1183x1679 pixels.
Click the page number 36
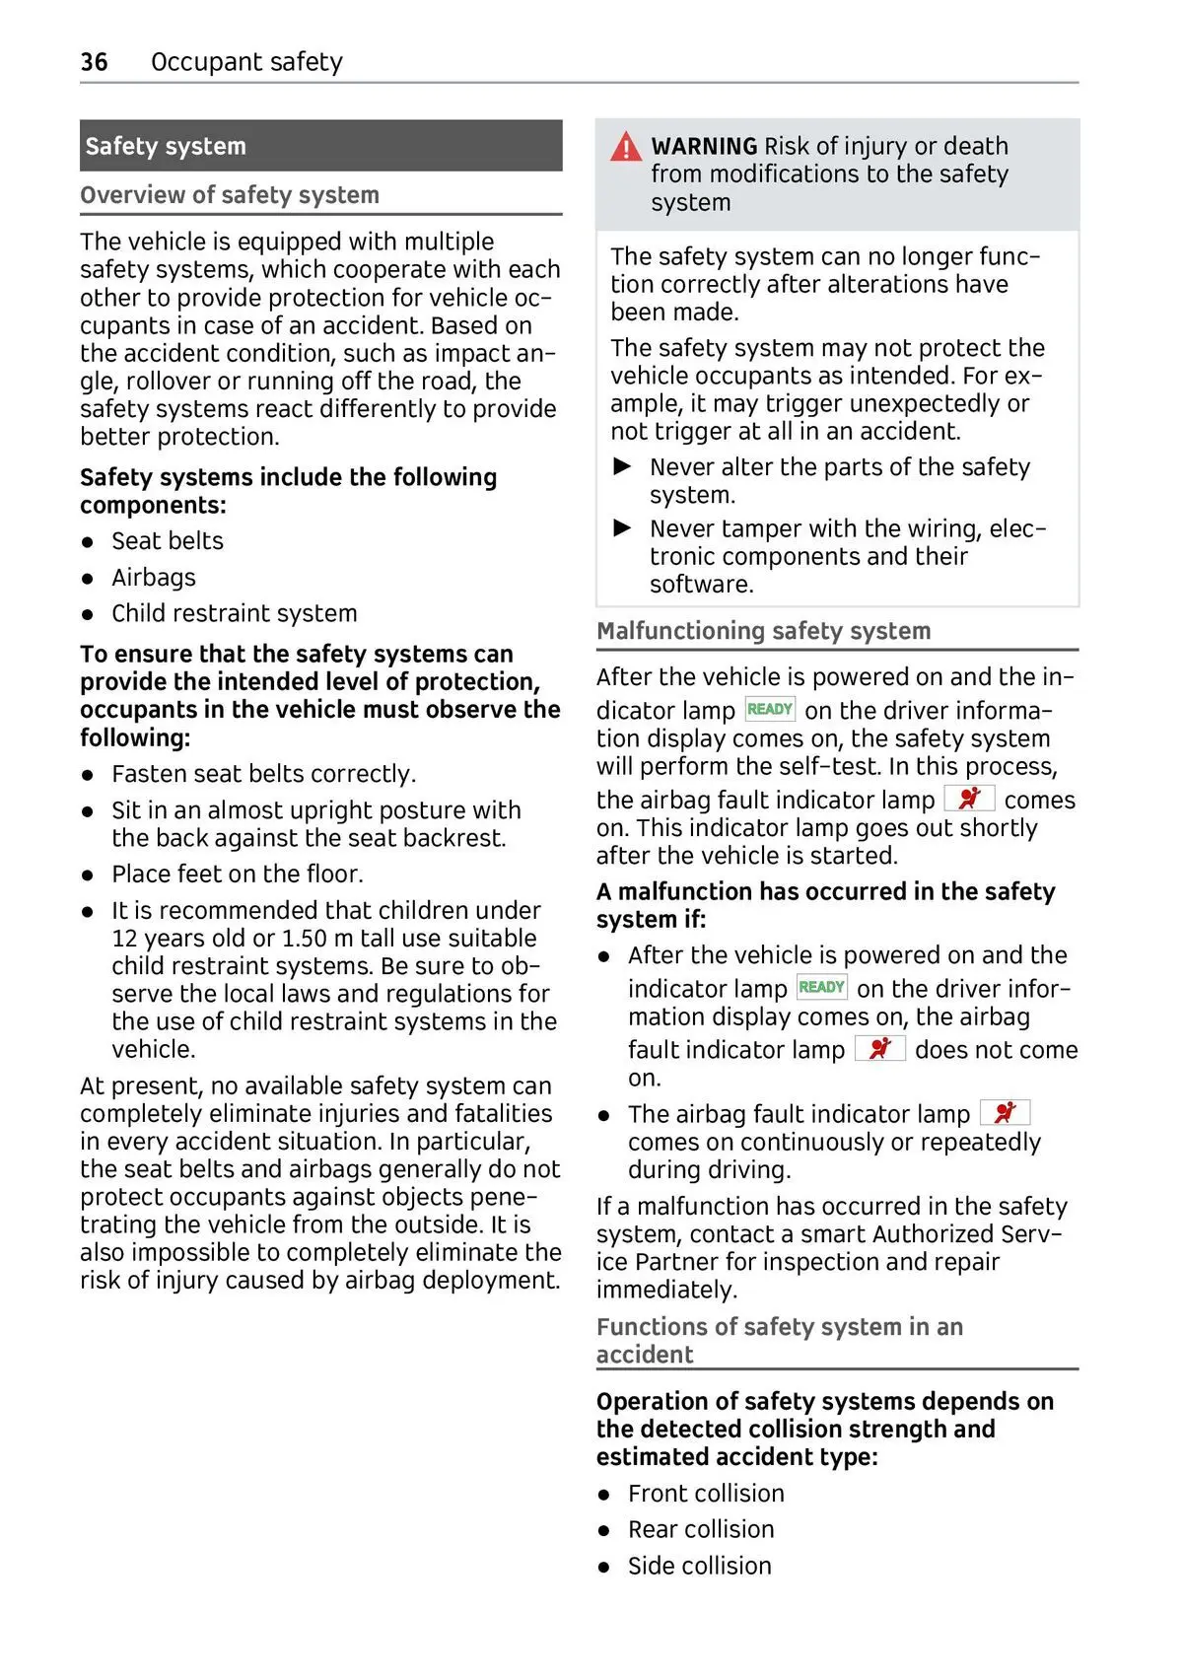(x=94, y=62)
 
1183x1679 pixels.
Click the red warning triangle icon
(x=626, y=148)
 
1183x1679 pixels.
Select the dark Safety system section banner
(x=320, y=146)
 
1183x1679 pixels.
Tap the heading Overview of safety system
(x=230, y=195)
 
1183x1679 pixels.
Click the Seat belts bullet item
(x=167, y=541)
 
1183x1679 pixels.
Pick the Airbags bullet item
(x=153, y=578)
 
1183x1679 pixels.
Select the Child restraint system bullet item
(x=234, y=613)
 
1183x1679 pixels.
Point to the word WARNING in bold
(x=704, y=146)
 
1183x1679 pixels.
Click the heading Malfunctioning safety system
(x=763, y=631)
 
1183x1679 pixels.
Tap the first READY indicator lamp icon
(x=770, y=709)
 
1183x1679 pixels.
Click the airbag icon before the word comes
(x=969, y=799)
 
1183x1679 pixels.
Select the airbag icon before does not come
(x=879, y=1048)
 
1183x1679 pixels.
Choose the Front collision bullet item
(x=706, y=1494)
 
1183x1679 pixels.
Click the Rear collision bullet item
(x=701, y=1530)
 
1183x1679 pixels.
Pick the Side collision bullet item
(x=699, y=1567)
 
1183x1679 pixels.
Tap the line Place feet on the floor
(x=237, y=874)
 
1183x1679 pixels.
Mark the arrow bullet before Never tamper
(x=623, y=528)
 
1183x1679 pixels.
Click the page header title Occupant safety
(x=246, y=62)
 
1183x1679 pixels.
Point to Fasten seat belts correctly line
(x=263, y=774)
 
